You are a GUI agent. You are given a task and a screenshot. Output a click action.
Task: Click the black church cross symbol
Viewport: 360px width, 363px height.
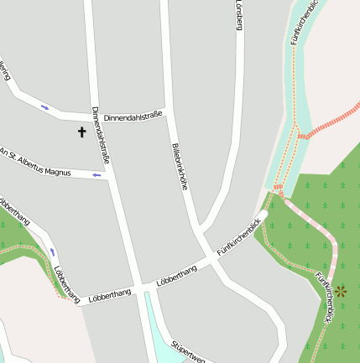pos(82,132)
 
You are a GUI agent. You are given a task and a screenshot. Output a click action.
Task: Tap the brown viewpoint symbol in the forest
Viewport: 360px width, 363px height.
pos(341,292)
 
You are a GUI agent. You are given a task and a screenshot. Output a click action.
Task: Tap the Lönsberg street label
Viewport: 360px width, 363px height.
pos(238,15)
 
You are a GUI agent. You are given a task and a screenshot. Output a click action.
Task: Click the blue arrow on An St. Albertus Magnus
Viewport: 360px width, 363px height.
pos(97,175)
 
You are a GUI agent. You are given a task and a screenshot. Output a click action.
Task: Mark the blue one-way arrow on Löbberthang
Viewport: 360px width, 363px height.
pos(53,252)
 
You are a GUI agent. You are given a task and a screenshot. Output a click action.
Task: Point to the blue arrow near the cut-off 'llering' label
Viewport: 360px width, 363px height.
pos(45,107)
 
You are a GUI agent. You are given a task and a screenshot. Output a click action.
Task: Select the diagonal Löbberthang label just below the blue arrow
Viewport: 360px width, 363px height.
pos(66,283)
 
